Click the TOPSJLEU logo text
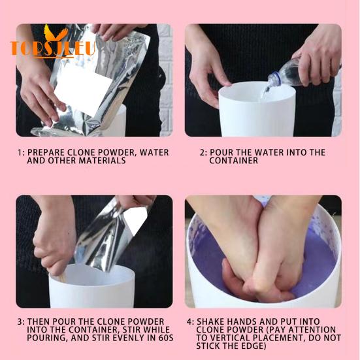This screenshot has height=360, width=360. pos(52,48)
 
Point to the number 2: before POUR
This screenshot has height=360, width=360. pos(203,153)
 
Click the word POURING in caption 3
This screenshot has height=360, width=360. pos(48,338)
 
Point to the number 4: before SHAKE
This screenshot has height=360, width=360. pos(190,322)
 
